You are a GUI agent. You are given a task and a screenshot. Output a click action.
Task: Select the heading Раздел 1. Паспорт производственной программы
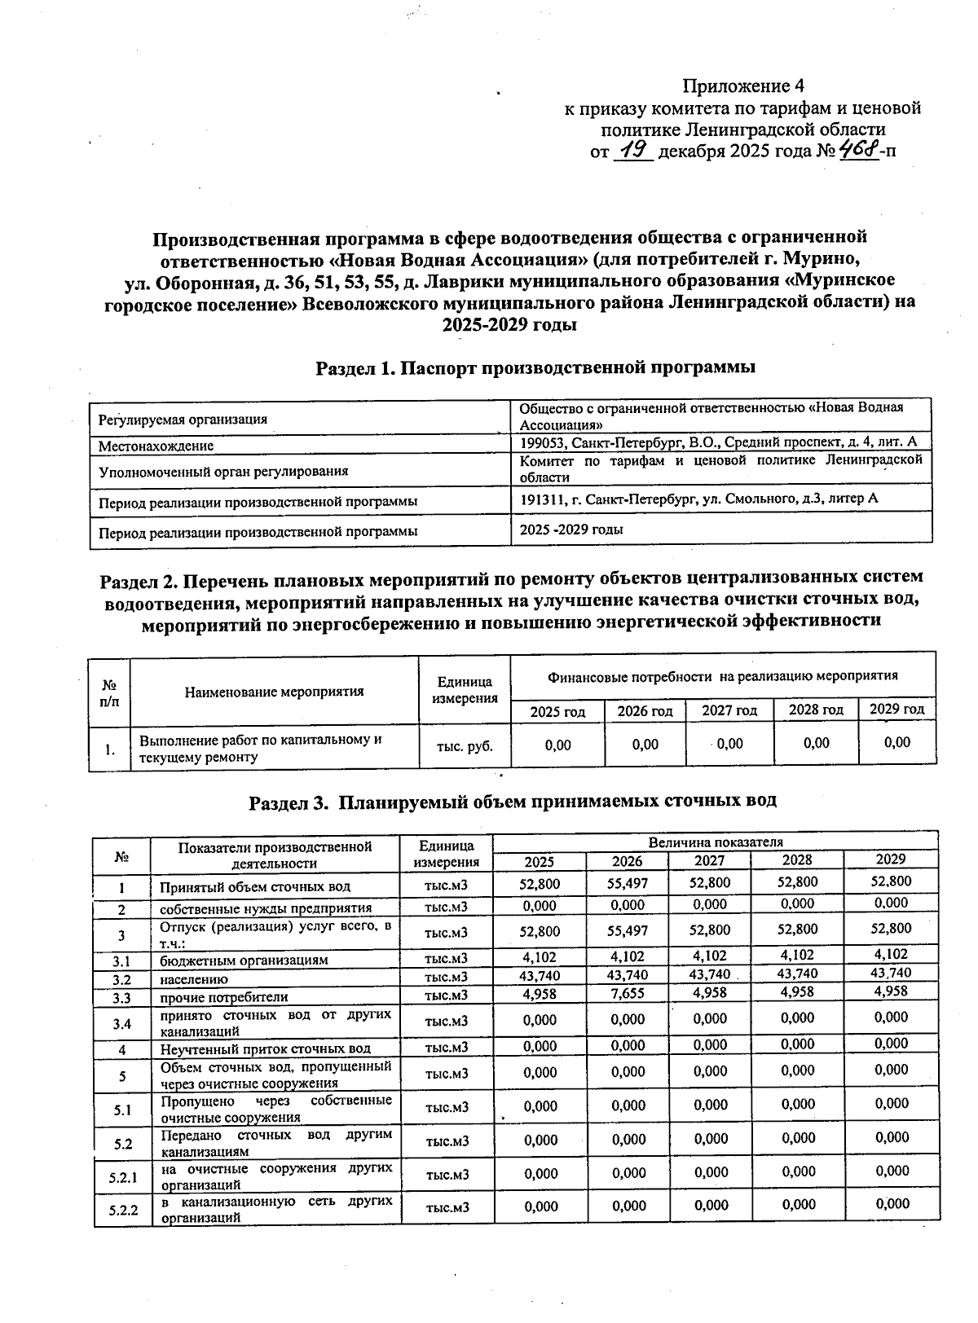(535, 367)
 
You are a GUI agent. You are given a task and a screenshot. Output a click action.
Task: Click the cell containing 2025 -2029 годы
(571, 530)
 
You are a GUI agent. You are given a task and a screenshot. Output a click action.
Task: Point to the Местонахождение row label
(156, 446)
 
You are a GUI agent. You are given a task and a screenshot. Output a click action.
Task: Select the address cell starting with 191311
(698, 498)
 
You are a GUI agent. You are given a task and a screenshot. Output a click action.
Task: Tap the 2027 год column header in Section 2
(729, 710)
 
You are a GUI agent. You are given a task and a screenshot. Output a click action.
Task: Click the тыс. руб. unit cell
(465, 745)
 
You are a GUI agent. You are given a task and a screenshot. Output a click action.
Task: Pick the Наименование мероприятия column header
(274, 692)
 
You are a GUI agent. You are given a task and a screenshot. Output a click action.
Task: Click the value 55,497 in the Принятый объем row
(627, 883)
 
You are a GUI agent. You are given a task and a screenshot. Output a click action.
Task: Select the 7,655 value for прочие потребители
(627, 994)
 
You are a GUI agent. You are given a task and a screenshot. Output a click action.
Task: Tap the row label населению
(194, 979)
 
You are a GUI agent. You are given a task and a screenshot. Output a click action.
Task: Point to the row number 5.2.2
(123, 1210)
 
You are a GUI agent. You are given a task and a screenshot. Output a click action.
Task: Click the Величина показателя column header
(716, 842)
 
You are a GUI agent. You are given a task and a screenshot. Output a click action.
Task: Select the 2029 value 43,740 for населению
(890, 973)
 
